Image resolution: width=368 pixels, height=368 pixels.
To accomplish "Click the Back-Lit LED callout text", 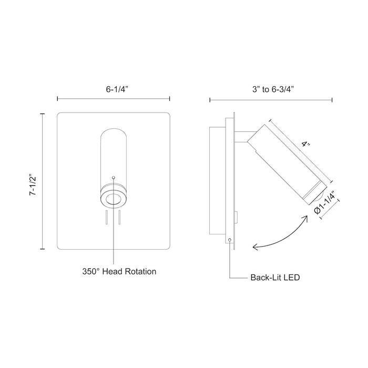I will coord(274,277).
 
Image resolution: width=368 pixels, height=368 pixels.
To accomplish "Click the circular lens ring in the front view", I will coord(114,198).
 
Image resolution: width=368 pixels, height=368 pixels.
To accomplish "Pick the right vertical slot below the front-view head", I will coord(120,217).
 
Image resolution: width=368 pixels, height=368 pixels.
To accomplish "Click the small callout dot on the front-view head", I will coord(114,177).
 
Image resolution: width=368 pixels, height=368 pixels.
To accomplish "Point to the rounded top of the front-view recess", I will coord(114,131).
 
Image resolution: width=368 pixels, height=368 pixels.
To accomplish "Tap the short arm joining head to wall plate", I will coord(243,137).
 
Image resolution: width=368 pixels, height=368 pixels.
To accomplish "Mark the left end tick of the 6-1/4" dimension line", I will coord(57,98).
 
